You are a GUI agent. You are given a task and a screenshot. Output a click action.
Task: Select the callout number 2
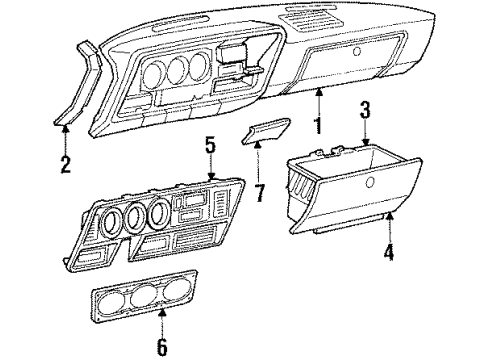click(66, 164)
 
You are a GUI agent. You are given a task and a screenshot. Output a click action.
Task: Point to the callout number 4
click(388, 253)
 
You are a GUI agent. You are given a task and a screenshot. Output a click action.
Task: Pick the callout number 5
click(209, 145)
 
